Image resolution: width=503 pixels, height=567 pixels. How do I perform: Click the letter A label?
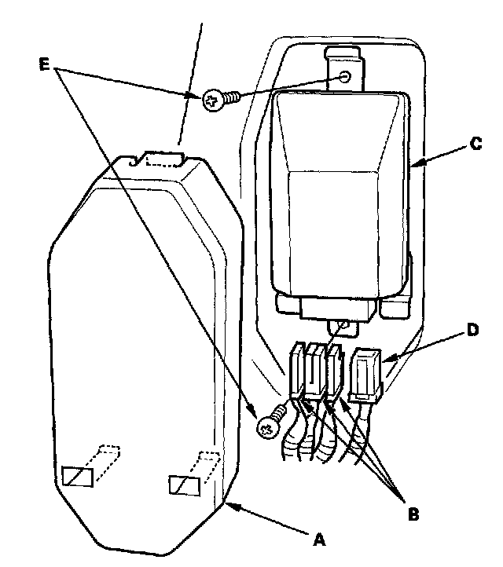pyautogui.click(x=318, y=539)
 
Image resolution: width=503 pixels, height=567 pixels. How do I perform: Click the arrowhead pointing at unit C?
pyautogui.click(x=414, y=163)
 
